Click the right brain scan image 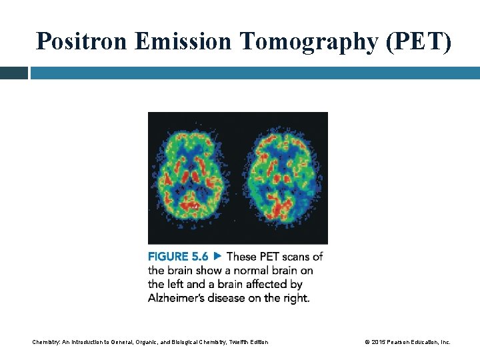[x=282, y=177]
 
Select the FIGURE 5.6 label [x=178, y=257]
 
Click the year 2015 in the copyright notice [x=378, y=342]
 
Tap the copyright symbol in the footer [x=367, y=342]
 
